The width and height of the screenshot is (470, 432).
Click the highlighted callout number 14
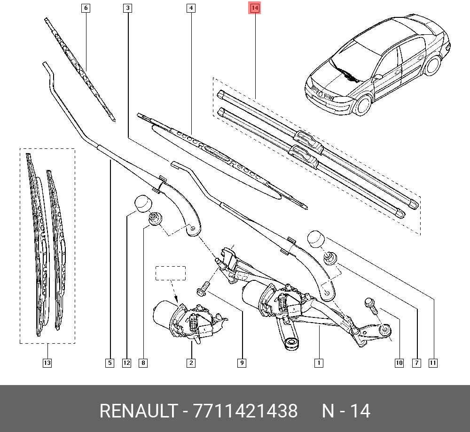pos(254,8)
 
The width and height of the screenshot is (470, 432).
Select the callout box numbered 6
pos(86,8)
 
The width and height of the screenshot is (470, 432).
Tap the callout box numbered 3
pos(128,8)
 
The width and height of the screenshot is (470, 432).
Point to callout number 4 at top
pos(190,8)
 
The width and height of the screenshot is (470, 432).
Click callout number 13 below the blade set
pos(47,363)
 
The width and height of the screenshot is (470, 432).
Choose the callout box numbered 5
pos(109,363)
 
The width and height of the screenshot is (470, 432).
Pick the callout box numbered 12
pos(126,363)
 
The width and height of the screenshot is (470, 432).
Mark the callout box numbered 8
pos(143,363)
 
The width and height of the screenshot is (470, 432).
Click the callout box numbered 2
pos(191,363)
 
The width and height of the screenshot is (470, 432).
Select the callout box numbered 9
pos(242,363)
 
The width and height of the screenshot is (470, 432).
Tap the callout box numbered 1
pos(319,363)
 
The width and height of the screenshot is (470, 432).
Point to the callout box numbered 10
pos(399,363)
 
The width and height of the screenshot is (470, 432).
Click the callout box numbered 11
pos(433,363)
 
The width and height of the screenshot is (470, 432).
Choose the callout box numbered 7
pos(416,363)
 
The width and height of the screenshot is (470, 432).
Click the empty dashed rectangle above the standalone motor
pos(171,273)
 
